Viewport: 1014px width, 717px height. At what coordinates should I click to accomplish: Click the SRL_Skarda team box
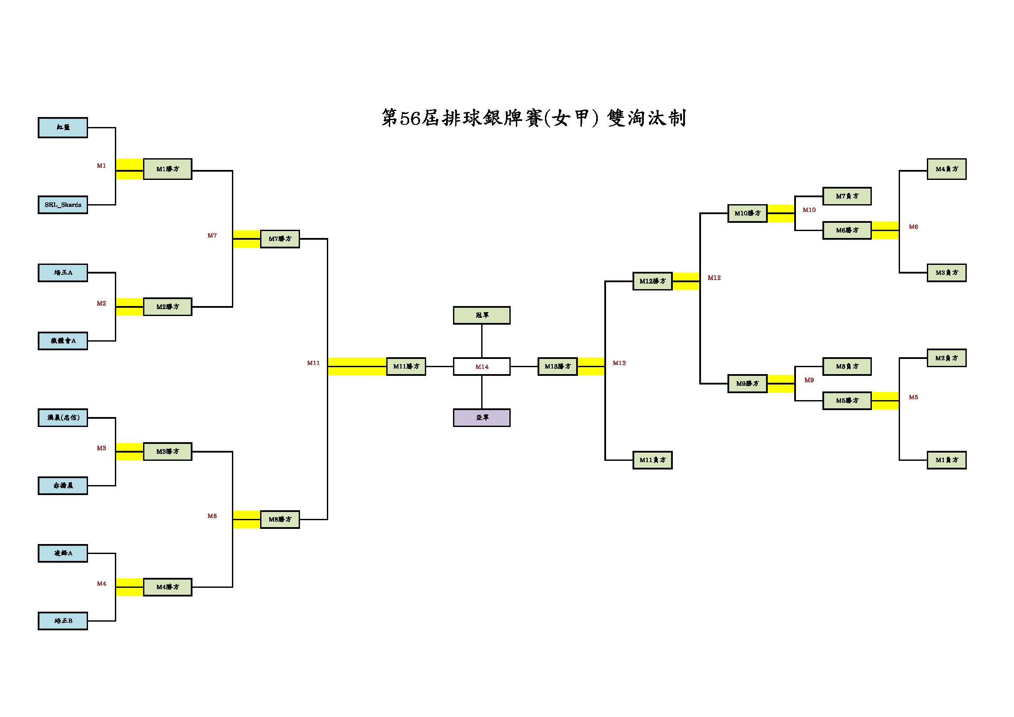(63, 205)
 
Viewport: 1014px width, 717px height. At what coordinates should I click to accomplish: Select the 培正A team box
(63, 273)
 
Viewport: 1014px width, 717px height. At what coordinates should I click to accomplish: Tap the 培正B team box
(63, 621)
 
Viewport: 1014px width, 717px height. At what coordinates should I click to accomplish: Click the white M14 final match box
(481, 366)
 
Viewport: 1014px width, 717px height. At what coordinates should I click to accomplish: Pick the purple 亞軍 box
(481, 417)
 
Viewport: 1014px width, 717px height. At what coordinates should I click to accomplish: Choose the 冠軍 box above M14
(481, 315)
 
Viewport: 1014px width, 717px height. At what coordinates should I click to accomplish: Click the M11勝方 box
(406, 366)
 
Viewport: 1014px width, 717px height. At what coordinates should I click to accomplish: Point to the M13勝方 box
(558, 366)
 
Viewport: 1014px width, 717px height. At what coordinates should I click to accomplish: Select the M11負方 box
(652, 460)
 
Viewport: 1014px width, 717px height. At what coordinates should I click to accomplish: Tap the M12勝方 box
(652, 281)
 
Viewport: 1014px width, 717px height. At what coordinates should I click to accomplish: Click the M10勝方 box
(747, 213)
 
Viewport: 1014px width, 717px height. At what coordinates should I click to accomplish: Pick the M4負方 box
(946, 169)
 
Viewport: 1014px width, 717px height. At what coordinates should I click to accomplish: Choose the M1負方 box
(946, 460)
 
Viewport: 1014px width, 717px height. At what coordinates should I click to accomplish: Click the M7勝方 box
(280, 239)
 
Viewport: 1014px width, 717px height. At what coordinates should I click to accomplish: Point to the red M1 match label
(101, 166)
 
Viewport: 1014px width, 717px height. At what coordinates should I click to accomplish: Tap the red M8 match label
(212, 516)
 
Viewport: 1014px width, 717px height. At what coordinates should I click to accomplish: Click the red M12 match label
(714, 278)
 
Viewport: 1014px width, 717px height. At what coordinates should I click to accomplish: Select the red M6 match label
(913, 227)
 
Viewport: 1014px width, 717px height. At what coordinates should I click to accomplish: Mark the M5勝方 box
(847, 401)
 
